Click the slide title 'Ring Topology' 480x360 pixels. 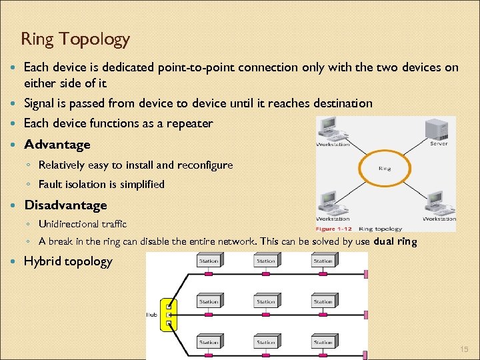click(75, 39)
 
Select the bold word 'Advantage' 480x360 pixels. click(57, 145)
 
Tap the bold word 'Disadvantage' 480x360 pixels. click(65, 205)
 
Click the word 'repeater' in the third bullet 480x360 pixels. click(190, 123)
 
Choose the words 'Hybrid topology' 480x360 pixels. click(68, 261)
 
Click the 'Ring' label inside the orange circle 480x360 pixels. click(384, 169)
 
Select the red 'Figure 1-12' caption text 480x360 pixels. click(334, 229)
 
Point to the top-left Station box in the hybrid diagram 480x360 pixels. click(209, 261)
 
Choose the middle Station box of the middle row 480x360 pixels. click(266, 301)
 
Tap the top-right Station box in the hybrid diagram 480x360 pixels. click(323, 261)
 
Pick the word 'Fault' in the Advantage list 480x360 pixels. click(49, 184)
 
